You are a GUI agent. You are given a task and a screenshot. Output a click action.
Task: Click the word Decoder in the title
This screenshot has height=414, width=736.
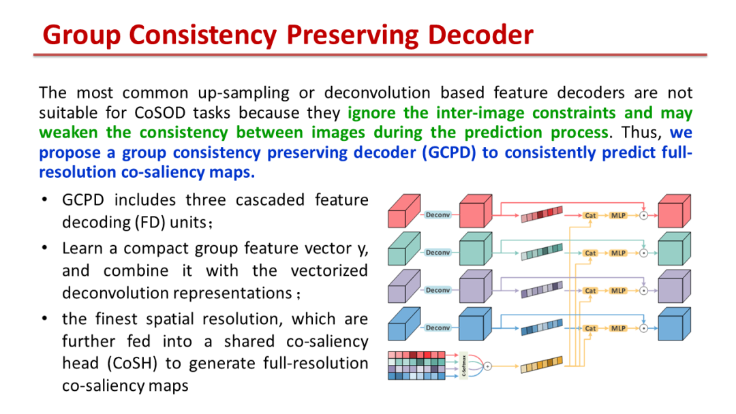click(x=480, y=35)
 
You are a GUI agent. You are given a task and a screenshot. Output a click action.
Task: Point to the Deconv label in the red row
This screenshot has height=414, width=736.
click(x=438, y=214)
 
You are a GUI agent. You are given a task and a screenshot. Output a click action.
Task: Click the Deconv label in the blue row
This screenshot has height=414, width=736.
click(x=438, y=328)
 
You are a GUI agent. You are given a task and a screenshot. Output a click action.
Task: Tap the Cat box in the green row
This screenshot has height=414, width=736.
click(x=590, y=253)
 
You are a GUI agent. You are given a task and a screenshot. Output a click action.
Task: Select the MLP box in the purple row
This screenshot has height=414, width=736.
click(x=618, y=291)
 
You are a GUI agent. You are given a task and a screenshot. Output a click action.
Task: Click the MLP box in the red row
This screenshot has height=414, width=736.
click(x=618, y=216)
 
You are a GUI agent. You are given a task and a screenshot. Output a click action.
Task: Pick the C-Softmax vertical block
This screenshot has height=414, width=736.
click(x=464, y=365)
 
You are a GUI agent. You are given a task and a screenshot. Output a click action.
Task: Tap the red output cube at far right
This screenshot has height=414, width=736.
click(x=674, y=211)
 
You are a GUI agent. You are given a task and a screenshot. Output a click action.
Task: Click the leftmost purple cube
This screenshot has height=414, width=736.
click(x=403, y=287)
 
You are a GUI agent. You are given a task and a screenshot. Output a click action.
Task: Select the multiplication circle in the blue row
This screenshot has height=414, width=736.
click(x=644, y=328)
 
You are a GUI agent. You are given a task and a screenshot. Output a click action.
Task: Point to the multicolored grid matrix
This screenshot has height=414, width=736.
click(x=416, y=365)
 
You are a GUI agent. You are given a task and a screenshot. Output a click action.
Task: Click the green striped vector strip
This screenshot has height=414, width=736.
click(x=542, y=252)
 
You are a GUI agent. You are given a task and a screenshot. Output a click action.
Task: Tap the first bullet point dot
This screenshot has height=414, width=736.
click(x=44, y=200)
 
